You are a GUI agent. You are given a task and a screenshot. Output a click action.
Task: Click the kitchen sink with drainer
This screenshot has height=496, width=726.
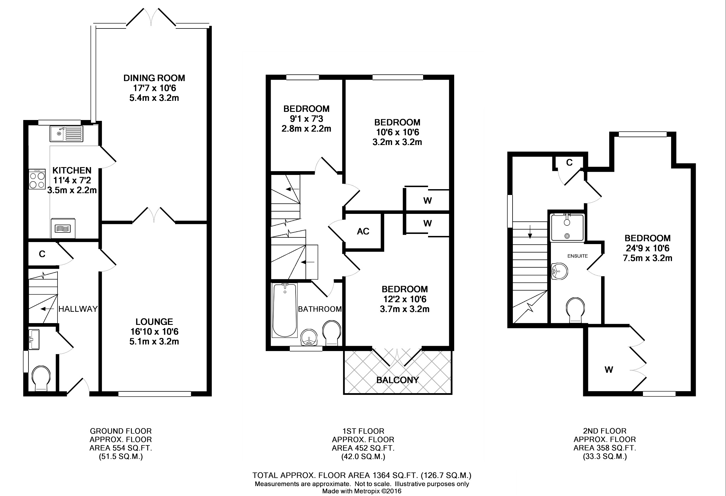[66, 134]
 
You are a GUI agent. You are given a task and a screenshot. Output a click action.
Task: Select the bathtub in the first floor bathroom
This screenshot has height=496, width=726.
[285, 310]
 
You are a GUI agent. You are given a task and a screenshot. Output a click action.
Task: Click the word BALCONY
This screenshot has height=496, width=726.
[397, 380]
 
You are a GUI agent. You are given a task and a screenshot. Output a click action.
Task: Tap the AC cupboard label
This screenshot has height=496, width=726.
[363, 231]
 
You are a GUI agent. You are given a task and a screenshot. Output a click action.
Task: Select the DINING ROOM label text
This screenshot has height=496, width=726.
[154, 78]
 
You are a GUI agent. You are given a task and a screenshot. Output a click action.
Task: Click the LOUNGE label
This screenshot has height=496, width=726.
[154, 322]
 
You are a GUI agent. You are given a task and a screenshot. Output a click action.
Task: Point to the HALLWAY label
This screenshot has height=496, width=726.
[78, 309]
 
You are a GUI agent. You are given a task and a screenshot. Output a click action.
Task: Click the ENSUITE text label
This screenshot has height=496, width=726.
[578, 256]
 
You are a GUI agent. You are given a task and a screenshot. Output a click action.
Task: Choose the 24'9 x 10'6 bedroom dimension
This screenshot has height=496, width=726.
[648, 248]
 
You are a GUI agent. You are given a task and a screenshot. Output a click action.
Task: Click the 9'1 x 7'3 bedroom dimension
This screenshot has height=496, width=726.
[306, 119]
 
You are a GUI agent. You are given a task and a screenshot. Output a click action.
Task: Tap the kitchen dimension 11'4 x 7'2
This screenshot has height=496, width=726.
[72, 180]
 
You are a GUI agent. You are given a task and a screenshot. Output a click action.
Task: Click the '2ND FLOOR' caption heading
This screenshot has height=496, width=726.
[605, 431]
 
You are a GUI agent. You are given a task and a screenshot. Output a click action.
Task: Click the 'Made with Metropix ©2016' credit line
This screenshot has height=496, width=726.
[362, 491]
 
